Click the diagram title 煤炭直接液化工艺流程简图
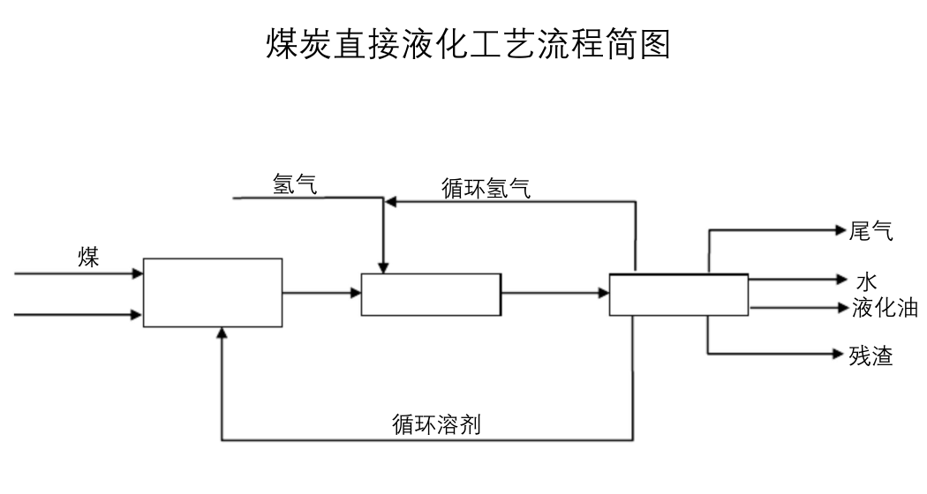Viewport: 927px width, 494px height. click(468, 43)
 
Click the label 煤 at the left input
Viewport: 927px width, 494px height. click(88, 258)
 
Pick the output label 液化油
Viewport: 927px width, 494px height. click(885, 308)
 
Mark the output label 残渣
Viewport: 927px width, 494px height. click(870, 356)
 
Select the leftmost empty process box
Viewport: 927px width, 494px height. click(213, 293)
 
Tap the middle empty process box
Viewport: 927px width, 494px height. click(431, 295)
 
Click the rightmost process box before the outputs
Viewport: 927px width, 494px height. click(678, 295)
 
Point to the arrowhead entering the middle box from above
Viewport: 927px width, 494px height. click(382, 266)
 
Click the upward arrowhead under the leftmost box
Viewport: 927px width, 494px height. click(222, 333)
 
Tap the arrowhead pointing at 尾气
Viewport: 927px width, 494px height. click(841, 231)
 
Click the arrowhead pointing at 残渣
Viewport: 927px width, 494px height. click(841, 354)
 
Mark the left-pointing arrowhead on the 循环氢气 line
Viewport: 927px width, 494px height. click(390, 202)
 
